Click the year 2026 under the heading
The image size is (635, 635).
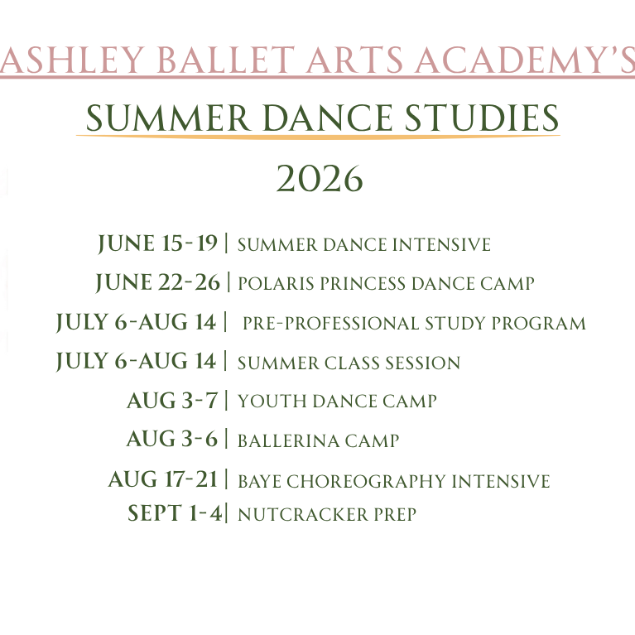[x=320, y=179]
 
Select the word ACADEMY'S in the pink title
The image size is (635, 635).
[x=525, y=60]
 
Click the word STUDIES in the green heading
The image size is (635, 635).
[x=482, y=118]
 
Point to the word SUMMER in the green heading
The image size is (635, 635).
[x=168, y=118]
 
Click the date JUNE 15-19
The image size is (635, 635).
[x=157, y=243]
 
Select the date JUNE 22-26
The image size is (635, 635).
[x=157, y=282]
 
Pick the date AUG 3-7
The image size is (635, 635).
[x=172, y=401]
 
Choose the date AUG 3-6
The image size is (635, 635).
[x=172, y=439]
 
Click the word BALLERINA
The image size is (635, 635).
[x=288, y=440]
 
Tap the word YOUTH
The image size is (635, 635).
[x=272, y=402]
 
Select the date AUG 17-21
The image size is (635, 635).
[x=163, y=479]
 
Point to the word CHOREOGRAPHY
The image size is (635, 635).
[x=366, y=481]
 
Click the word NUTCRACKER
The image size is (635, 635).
[x=303, y=514]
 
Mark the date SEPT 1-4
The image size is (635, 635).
[x=175, y=512]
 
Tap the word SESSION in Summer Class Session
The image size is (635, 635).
[x=422, y=363]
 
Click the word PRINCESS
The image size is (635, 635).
[x=363, y=283]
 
